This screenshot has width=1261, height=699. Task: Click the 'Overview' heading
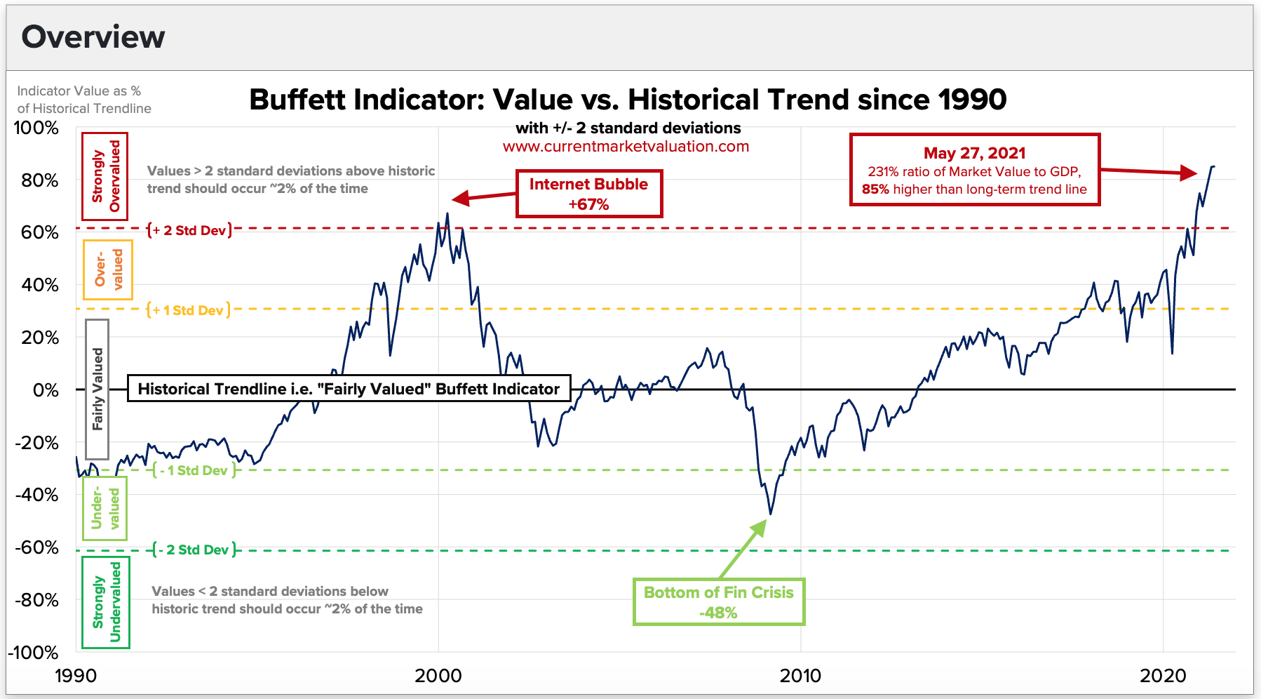click(x=93, y=37)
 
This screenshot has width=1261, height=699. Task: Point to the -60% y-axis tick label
click(x=37, y=547)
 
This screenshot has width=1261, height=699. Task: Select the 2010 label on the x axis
click(x=800, y=676)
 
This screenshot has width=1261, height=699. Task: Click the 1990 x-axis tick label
click(x=76, y=676)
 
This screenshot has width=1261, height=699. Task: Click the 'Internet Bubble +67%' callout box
click(x=588, y=194)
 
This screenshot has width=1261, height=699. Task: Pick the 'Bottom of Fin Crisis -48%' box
click(x=719, y=602)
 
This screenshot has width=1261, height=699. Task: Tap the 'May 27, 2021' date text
click(x=974, y=153)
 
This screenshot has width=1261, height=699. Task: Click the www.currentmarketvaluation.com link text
click(x=626, y=147)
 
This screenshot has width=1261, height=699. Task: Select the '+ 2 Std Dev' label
click(x=190, y=230)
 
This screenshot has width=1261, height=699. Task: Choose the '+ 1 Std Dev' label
click(x=189, y=310)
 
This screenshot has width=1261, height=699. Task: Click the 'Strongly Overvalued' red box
click(x=104, y=176)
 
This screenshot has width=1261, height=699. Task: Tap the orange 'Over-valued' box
click(x=107, y=269)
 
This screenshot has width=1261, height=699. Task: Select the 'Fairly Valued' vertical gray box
click(x=97, y=389)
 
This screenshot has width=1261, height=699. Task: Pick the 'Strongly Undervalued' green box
click(x=106, y=602)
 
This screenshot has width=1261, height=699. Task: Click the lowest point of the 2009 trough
click(x=770, y=514)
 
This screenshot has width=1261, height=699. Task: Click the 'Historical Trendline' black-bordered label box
click(x=349, y=389)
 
